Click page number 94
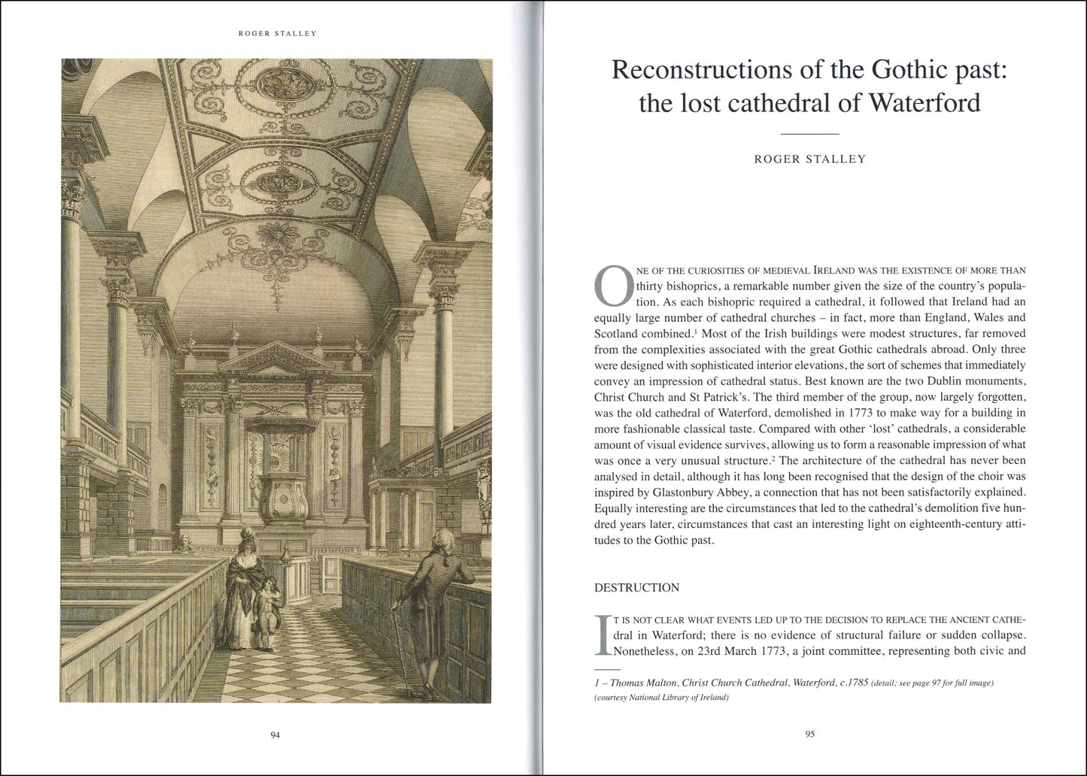pos(275,735)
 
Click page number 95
pos(810,735)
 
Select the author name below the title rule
pos(810,159)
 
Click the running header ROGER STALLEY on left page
pos(275,33)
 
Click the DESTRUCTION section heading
pos(636,587)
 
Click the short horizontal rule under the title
pos(810,134)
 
